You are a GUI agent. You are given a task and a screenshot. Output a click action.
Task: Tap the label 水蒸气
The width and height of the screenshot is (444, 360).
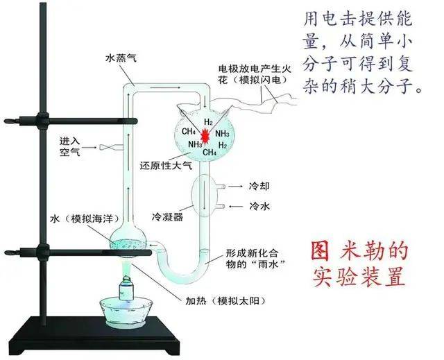click(x=121, y=58)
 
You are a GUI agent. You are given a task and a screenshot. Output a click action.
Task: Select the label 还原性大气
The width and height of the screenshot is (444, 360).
click(x=166, y=165)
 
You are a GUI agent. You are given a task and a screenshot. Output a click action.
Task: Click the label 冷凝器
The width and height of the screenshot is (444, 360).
click(x=167, y=217)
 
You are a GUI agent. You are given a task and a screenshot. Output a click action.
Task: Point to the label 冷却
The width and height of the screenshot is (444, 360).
click(x=259, y=186)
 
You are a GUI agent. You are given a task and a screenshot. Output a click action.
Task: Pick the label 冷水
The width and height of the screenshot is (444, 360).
click(x=259, y=206)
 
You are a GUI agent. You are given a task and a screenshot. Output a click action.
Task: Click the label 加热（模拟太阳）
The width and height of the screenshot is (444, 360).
click(x=225, y=300)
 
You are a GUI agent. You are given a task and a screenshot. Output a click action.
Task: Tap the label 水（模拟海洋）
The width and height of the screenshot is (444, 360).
click(x=84, y=218)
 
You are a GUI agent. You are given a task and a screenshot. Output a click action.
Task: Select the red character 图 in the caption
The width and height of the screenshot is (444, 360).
click(x=321, y=251)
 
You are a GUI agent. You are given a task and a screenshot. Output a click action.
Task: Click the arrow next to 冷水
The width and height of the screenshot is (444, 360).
click(x=236, y=207)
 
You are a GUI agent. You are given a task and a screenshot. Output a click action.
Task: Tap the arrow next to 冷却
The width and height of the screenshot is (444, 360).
click(x=236, y=187)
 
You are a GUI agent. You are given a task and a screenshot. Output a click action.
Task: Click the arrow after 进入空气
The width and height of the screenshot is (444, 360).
click(x=90, y=148)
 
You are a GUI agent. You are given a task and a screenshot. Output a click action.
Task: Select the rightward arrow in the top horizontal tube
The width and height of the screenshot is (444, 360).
click(x=165, y=87)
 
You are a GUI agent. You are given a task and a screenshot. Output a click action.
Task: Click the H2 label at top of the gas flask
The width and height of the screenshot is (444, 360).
click(x=208, y=122)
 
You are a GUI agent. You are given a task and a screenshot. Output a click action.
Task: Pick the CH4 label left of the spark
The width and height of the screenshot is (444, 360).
click(x=189, y=131)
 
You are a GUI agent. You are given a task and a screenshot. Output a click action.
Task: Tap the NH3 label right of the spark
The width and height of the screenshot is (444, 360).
click(x=222, y=134)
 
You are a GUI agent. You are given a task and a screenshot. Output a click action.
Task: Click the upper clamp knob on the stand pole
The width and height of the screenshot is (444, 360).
click(x=42, y=120)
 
